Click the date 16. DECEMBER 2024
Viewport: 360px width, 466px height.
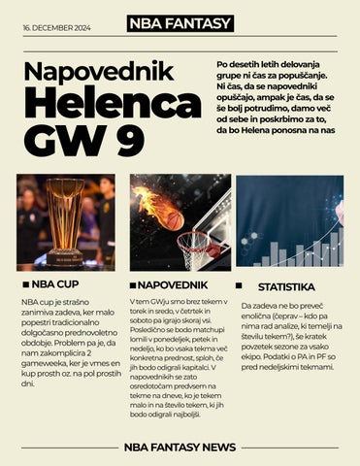(56, 28)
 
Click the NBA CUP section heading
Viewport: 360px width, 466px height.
(54, 287)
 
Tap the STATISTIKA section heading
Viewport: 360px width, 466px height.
(286, 288)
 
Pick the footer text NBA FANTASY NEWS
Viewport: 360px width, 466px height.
(180, 446)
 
